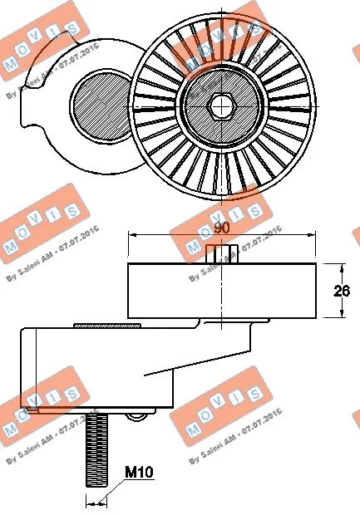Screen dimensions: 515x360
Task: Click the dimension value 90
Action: [x=220, y=227]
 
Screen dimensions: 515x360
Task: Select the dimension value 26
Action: [x=342, y=291]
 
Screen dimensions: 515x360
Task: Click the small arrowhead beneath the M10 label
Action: [x=104, y=501]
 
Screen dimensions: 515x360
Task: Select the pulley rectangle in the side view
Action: [x=221, y=290]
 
